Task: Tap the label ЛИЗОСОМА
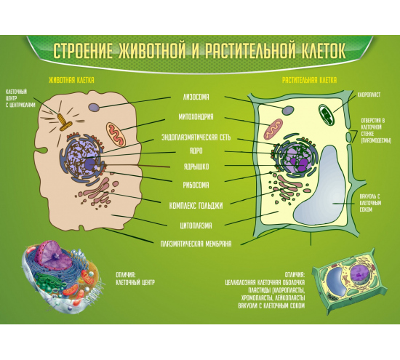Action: (196, 97)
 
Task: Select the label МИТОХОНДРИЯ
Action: (196, 117)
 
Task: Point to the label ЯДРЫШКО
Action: (196, 167)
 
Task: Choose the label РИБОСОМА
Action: (196, 185)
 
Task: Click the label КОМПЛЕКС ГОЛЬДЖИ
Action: (196, 205)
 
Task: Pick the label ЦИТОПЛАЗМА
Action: (196, 225)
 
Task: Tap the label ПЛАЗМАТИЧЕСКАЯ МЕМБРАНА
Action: (196, 244)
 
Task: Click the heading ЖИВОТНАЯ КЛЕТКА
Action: (71, 80)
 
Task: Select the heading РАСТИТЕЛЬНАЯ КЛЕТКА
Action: (309, 80)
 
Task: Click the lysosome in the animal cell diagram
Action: (94, 107)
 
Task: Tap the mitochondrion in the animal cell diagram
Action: (116, 134)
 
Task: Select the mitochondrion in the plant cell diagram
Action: (273, 129)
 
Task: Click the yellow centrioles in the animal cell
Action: (64, 122)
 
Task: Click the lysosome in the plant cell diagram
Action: (288, 111)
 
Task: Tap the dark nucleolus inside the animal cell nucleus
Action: (89, 164)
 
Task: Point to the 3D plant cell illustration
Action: (350, 281)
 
